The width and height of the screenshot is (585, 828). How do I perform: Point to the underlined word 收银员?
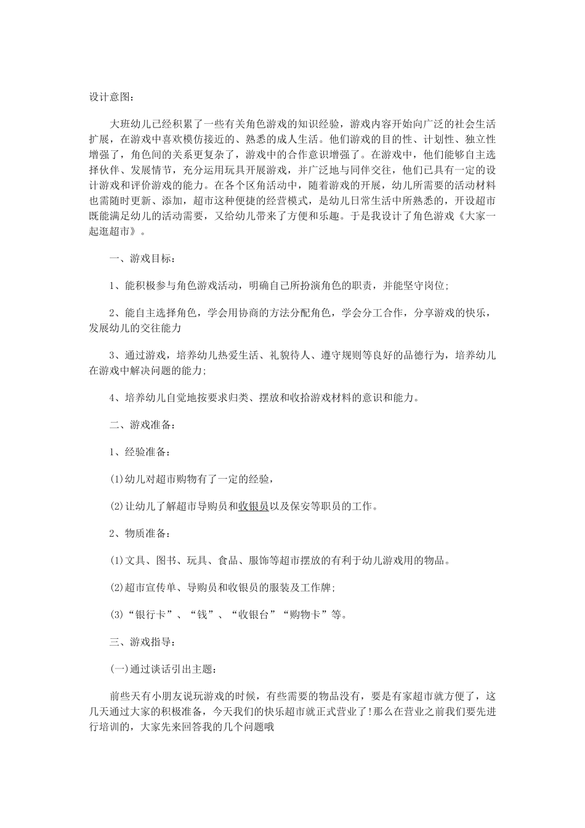253,506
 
